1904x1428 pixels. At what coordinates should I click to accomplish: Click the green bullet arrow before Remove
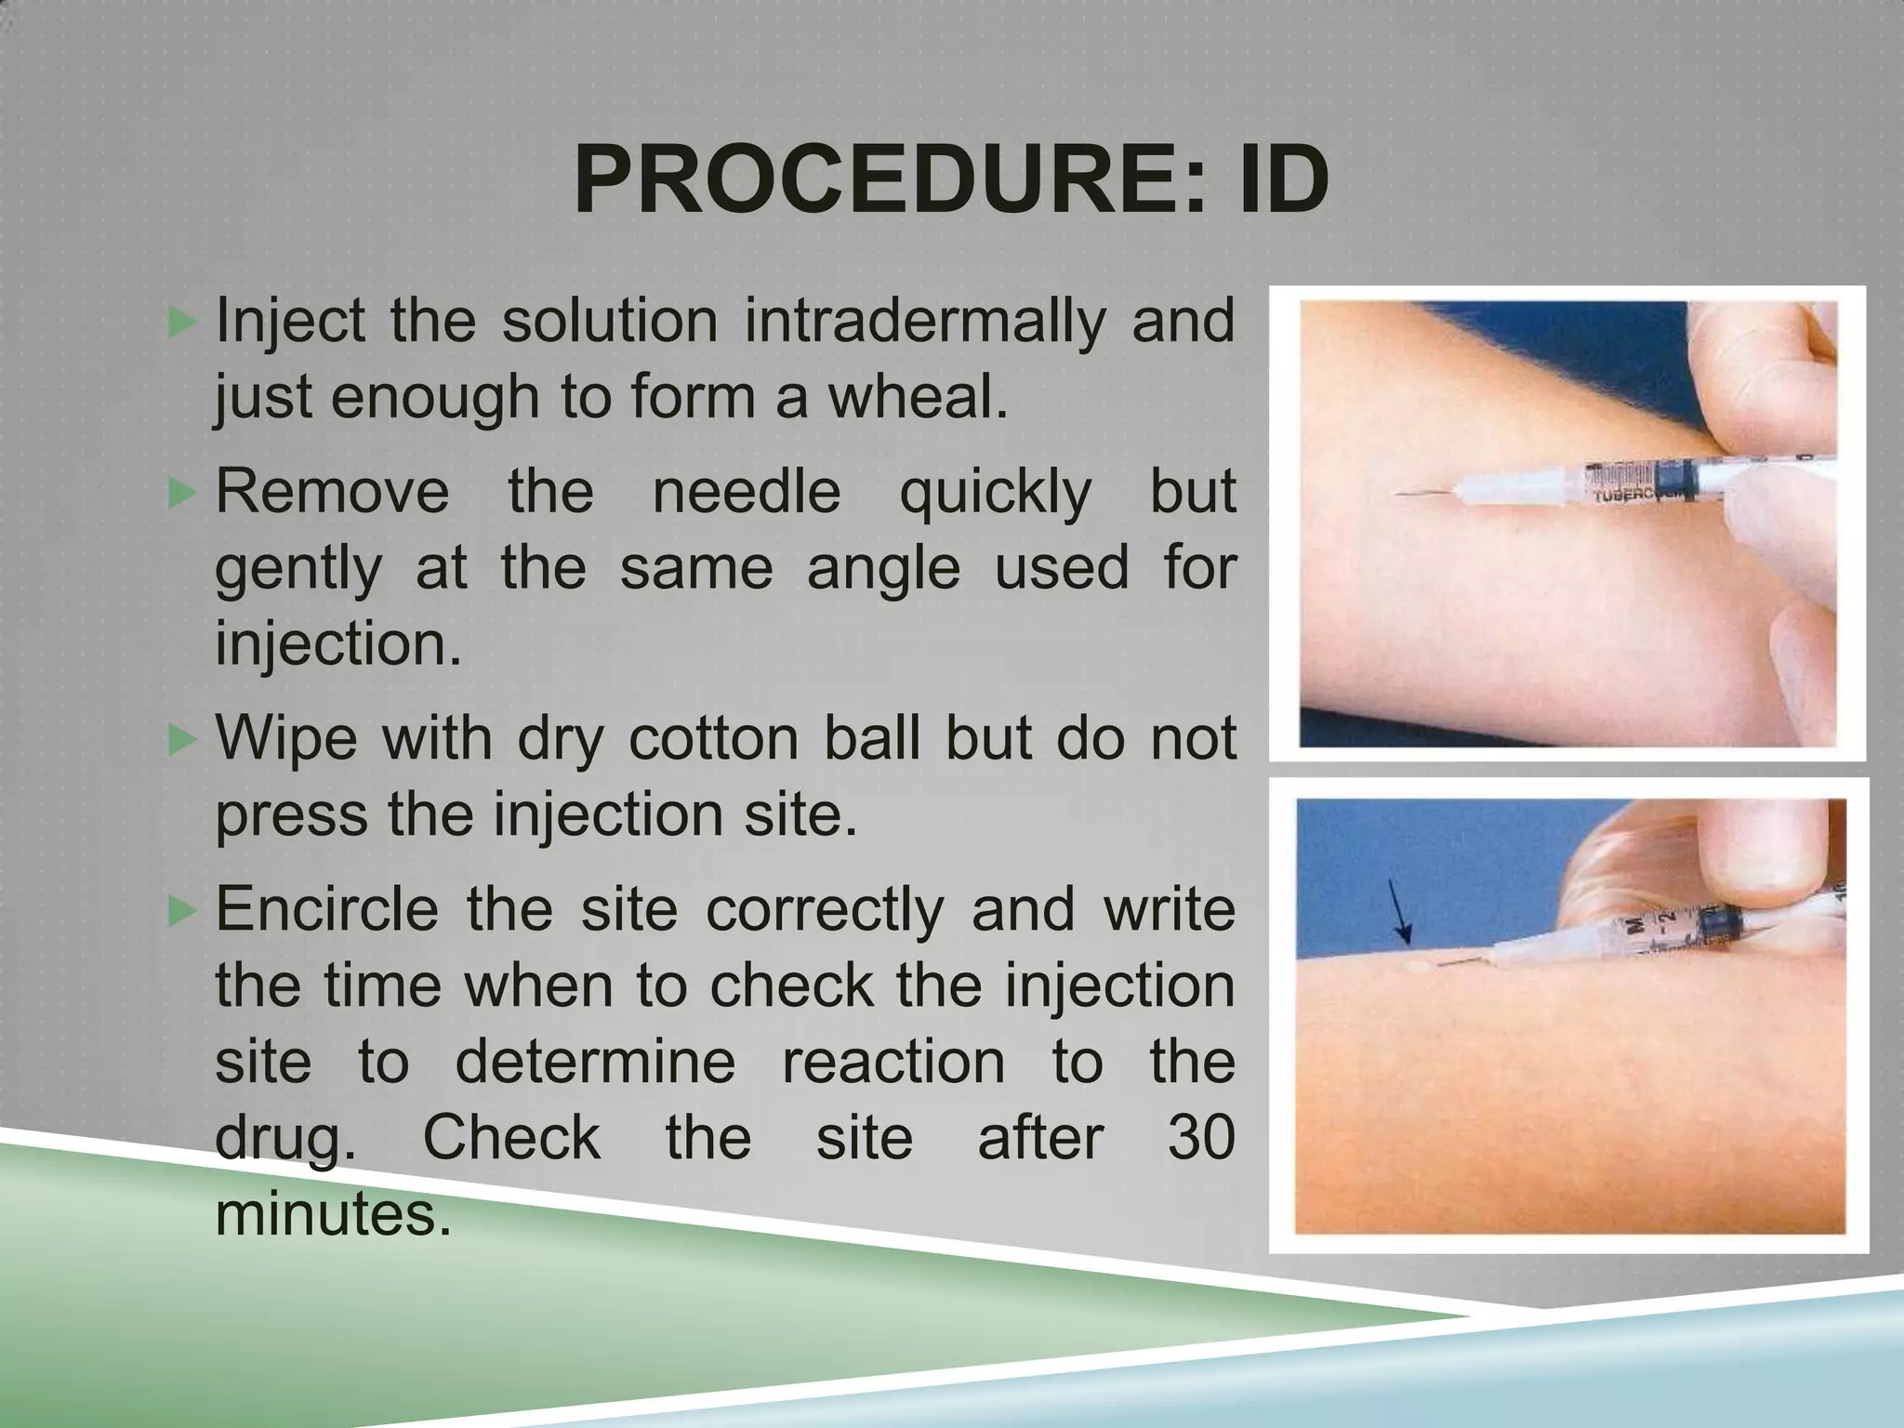pos(183,493)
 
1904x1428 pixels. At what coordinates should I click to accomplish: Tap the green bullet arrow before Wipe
pos(183,740)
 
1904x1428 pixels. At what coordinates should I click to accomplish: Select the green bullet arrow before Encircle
pos(183,910)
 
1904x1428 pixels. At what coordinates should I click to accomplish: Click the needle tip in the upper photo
pos(1398,496)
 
